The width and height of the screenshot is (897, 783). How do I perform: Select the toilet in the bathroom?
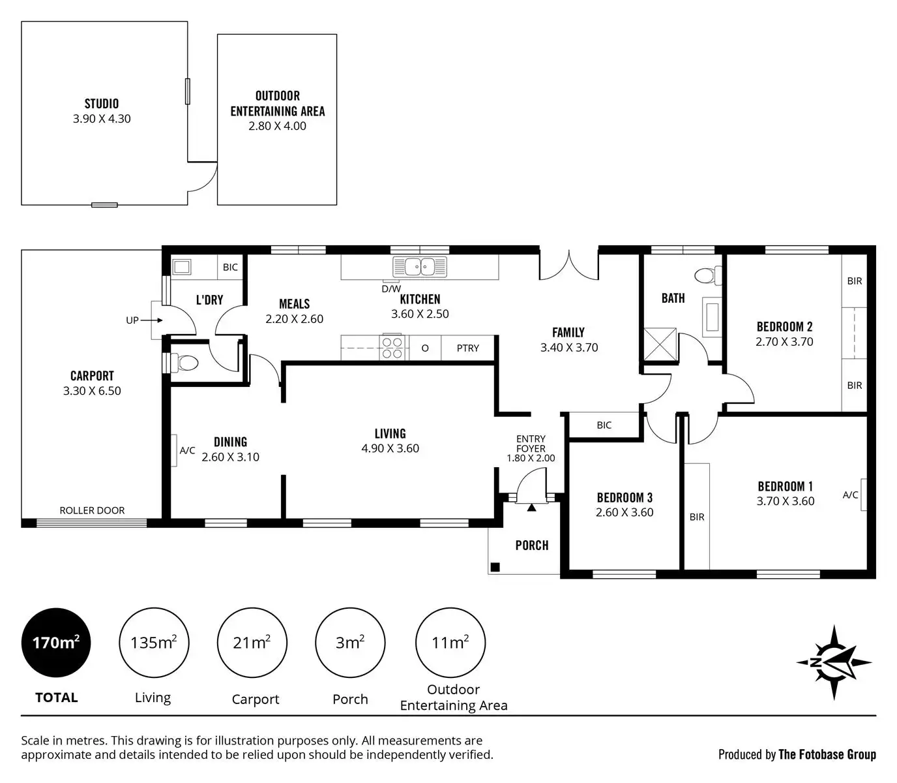[x=707, y=275]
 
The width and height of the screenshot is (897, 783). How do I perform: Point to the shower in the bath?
[x=660, y=344]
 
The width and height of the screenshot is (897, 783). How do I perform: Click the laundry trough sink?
[x=181, y=267]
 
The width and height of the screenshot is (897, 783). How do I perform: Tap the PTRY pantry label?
[x=467, y=348]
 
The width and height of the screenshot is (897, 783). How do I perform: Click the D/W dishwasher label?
[x=391, y=288]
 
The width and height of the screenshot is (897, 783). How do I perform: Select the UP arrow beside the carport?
[x=151, y=320]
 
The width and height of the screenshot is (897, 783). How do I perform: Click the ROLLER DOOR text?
[x=92, y=510]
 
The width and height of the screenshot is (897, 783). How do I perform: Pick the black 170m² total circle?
[x=56, y=643]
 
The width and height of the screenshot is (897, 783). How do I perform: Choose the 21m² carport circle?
[x=252, y=643]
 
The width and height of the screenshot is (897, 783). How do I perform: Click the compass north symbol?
[x=834, y=662]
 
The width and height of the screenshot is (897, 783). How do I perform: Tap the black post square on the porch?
[x=495, y=567]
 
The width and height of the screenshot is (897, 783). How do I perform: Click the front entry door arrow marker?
[x=531, y=506]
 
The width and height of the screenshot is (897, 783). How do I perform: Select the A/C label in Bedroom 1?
[x=850, y=495]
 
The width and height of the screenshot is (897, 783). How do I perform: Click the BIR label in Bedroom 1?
[x=697, y=517]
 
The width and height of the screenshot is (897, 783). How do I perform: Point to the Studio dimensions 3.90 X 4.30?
[x=102, y=119]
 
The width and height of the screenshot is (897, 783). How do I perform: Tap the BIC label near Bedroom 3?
[x=604, y=425]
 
